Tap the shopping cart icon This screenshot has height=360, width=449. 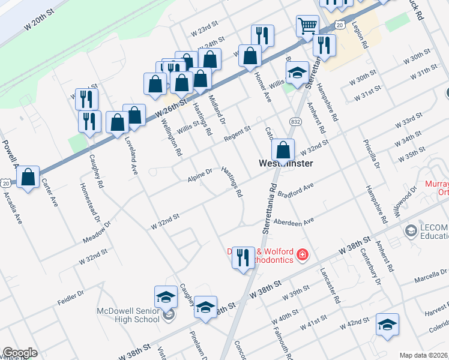[x=307, y=26]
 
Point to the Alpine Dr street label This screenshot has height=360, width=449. [x=200, y=174]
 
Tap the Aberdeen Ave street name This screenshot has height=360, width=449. [x=294, y=221]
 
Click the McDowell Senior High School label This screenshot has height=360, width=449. [x=128, y=315]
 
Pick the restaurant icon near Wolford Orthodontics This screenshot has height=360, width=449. [x=243, y=258]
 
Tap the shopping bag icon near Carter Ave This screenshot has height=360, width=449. [x=28, y=177]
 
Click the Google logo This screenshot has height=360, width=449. [x=20, y=352]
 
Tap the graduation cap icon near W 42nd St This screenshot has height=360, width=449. [x=387, y=324]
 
